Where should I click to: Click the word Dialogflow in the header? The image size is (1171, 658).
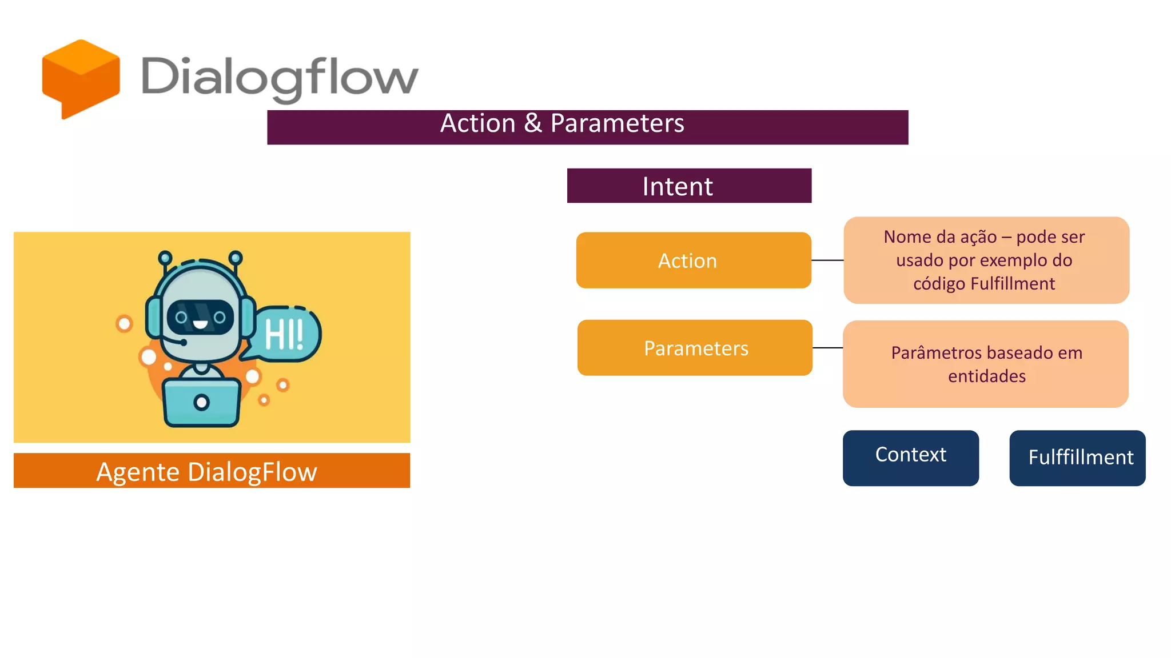(x=280, y=77)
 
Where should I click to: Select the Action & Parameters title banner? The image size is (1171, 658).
(x=587, y=127)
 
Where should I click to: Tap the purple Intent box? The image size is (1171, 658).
(x=689, y=186)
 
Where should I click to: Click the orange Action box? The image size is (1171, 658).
(x=693, y=260)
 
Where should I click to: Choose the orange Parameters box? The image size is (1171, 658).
(x=695, y=348)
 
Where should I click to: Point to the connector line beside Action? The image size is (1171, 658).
(x=827, y=260)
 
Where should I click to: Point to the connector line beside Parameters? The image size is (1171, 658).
(x=827, y=348)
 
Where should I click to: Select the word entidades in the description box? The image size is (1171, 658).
(x=986, y=376)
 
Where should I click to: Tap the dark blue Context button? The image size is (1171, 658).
(x=910, y=458)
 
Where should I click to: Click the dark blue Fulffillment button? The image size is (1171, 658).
(x=1077, y=458)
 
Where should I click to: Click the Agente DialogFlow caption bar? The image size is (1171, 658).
(x=212, y=471)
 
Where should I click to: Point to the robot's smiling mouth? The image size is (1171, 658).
(x=200, y=324)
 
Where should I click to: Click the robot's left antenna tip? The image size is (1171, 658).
(x=165, y=257)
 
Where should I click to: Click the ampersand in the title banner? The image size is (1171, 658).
(x=532, y=123)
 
